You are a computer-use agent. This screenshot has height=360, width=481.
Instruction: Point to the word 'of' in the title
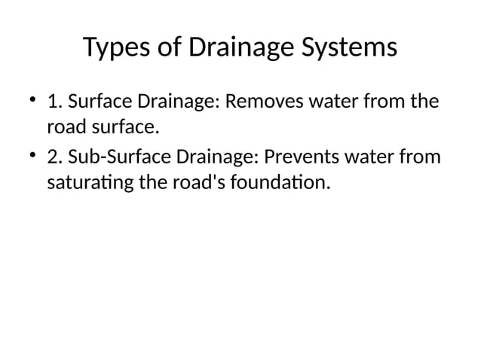(166, 48)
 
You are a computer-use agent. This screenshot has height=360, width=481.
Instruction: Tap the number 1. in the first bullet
(54, 101)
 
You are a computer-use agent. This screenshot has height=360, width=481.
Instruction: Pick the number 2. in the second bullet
(54, 157)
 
